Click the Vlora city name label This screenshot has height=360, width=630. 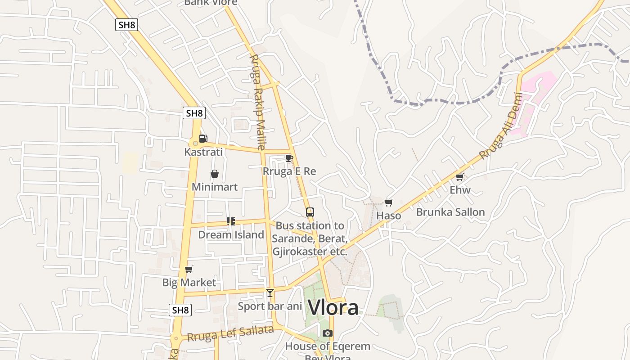click(333, 308)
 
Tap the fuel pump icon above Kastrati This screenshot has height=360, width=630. click(203, 139)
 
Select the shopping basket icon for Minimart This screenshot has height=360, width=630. click(215, 174)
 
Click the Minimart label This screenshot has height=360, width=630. click(215, 187)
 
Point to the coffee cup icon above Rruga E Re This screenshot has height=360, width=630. click(289, 158)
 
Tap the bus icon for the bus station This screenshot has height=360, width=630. click(310, 212)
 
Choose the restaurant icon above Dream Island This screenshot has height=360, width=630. click(231, 221)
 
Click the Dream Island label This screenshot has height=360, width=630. click(231, 235)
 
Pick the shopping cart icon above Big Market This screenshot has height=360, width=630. click(189, 270)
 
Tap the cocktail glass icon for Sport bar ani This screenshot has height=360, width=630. click(270, 293)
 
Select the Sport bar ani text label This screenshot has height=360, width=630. click(270, 306)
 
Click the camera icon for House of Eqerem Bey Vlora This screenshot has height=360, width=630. click(328, 333)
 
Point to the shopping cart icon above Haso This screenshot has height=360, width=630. click(389, 202)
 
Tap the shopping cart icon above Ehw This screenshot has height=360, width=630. click(459, 177)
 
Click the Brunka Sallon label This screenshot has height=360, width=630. click(450, 212)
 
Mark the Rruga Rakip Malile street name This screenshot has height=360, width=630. click(257, 102)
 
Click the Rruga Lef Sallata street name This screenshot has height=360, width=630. click(230, 333)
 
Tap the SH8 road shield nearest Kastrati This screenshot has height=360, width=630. click(194, 113)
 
